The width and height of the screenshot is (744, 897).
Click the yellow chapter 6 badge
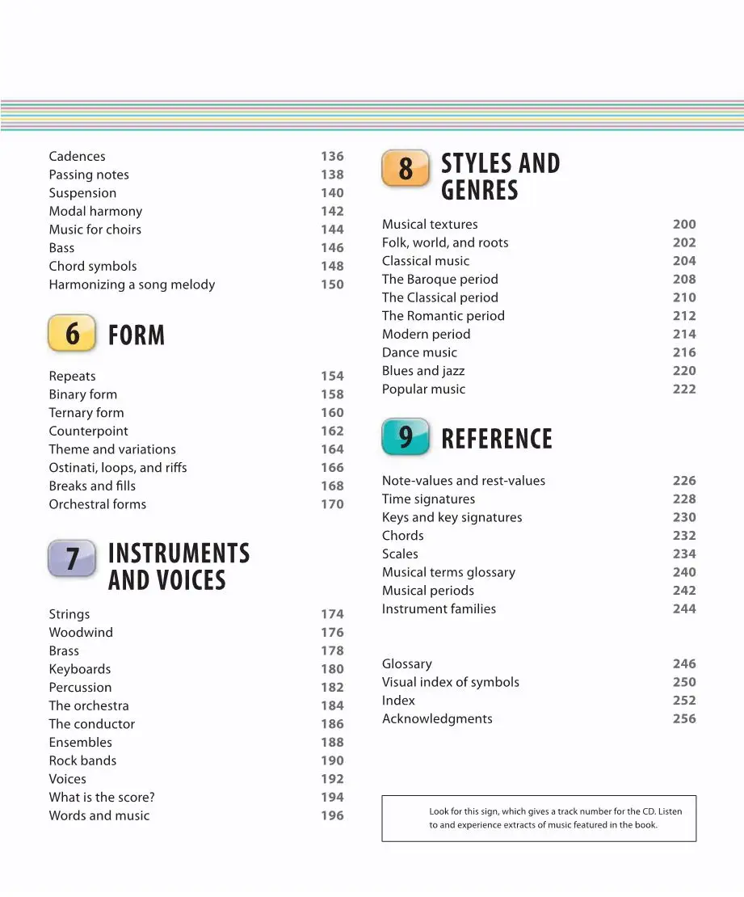tap(72, 333)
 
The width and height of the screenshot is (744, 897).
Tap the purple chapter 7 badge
tap(72, 558)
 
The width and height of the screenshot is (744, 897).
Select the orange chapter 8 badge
tap(405, 168)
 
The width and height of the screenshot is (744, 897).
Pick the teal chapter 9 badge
tap(405, 436)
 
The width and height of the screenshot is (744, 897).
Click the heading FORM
tap(137, 335)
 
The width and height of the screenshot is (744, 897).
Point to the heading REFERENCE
tap(497, 439)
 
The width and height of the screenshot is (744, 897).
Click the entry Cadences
tap(77, 157)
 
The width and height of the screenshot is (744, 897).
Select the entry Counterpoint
tap(88, 432)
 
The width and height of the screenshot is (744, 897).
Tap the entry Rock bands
tap(82, 761)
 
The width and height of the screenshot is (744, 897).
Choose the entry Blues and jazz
tap(423, 371)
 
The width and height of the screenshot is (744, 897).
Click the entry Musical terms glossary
tap(448, 572)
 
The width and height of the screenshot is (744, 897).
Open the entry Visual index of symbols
tap(451, 682)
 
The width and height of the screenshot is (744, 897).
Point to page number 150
tap(332, 284)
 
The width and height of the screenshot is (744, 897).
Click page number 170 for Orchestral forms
tap(332, 504)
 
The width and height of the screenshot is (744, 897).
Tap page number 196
tap(332, 815)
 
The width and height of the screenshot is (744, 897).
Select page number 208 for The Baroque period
tap(684, 280)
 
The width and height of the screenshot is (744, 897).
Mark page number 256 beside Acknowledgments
tap(684, 718)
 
